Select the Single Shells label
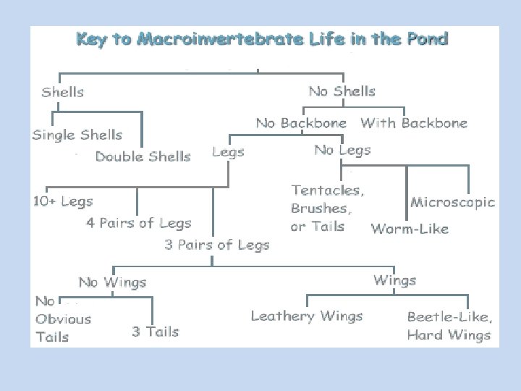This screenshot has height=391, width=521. click(x=77, y=135)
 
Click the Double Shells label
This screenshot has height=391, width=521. click(x=143, y=156)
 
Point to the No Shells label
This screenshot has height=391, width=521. click(x=342, y=91)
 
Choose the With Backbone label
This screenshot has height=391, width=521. click(x=414, y=123)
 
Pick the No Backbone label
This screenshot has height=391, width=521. click(x=301, y=123)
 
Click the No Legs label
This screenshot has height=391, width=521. click(x=342, y=150)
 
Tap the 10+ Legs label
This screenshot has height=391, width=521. click(x=63, y=201)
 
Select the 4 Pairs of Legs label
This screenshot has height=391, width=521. click(x=139, y=223)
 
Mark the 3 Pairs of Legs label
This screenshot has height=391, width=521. click(x=216, y=245)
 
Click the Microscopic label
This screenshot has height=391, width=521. click(x=453, y=202)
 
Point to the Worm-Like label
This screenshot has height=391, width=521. click(x=410, y=229)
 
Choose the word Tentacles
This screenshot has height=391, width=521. click(x=328, y=190)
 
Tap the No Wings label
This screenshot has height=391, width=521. click(x=112, y=282)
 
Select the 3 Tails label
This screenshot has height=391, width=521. click(x=155, y=332)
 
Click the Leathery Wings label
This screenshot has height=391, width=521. click(x=307, y=316)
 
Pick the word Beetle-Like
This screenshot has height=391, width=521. click(x=449, y=316)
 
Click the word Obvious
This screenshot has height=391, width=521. click(x=64, y=319)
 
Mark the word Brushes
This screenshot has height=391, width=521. click(x=321, y=209)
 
